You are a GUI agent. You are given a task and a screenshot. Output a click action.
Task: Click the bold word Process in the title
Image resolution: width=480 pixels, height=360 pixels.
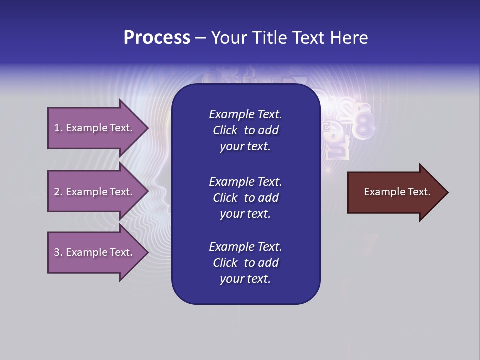click(157, 38)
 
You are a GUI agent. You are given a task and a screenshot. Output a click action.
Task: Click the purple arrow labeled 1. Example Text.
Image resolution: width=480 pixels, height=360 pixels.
click(95, 128)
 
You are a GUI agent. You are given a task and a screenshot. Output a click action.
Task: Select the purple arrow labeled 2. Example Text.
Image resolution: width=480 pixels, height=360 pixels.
click(95, 192)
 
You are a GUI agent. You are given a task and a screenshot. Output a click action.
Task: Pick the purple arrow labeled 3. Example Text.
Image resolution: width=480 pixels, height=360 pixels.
click(95, 252)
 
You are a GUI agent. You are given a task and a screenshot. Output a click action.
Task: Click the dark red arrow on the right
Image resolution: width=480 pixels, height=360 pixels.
click(395, 192)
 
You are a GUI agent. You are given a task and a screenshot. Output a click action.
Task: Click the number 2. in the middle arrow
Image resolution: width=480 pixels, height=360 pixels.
click(58, 192)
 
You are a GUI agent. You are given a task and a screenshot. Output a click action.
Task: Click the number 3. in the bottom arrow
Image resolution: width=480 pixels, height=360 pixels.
click(58, 252)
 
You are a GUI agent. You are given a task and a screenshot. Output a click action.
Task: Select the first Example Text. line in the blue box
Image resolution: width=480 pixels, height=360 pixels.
click(245, 114)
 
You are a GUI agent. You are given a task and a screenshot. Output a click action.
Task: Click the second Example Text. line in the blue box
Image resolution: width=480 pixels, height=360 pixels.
click(245, 181)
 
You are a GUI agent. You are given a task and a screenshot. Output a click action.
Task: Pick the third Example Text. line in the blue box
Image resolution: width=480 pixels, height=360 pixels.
click(245, 247)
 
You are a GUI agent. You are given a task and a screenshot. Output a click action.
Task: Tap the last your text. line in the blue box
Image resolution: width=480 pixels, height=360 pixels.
click(245, 279)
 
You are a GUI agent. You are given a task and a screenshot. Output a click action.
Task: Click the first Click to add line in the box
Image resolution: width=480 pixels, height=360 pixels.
click(245, 130)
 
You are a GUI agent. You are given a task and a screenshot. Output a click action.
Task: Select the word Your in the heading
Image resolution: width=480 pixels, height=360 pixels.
click(228, 38)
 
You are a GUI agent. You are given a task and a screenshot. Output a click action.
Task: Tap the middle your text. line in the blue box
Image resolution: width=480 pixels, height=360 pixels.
click(245, 214)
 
